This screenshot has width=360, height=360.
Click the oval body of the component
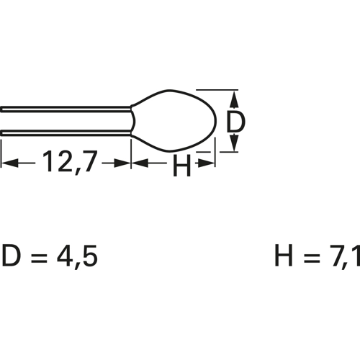click(174, 121)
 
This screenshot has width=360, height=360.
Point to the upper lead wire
click(66, 109)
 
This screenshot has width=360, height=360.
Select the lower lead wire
click(66, 132)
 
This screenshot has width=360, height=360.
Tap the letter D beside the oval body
click(235, 122)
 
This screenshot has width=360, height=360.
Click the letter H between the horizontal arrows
click(181, 166)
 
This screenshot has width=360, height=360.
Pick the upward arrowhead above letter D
click(235, 100)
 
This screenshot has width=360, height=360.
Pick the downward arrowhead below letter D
click(235, 142)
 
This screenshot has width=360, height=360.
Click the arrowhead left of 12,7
click(10, 163)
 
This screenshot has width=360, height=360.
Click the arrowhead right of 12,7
click(122, 163)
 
